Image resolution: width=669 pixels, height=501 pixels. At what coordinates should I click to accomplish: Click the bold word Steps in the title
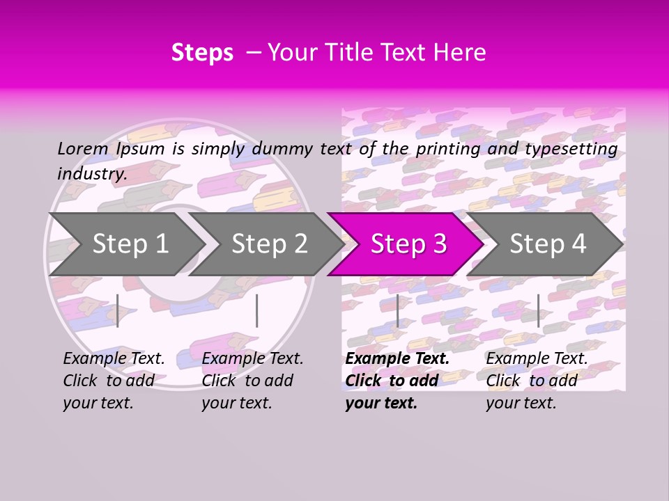tap(202, 53)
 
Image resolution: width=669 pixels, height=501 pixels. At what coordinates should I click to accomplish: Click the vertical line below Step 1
tap(118, 310)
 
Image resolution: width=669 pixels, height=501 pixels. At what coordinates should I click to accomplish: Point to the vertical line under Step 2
tap(257, 310)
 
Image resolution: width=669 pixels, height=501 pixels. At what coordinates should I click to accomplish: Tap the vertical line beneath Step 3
tap(397, 310)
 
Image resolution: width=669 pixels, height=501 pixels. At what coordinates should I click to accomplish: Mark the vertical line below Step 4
tap(538, 310)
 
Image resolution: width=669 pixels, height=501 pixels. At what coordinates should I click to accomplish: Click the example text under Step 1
tap(114, 381)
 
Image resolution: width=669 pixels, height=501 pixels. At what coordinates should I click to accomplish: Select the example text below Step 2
tap(252, 381)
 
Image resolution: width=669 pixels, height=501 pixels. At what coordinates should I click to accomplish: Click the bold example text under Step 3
tap(397, 381)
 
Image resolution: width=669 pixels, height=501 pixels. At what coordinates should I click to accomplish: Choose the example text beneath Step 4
tap(537, 381)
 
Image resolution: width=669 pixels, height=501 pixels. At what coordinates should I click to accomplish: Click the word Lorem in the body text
tap(82, 149)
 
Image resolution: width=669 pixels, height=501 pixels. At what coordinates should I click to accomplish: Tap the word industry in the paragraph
tap(92, 174)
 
